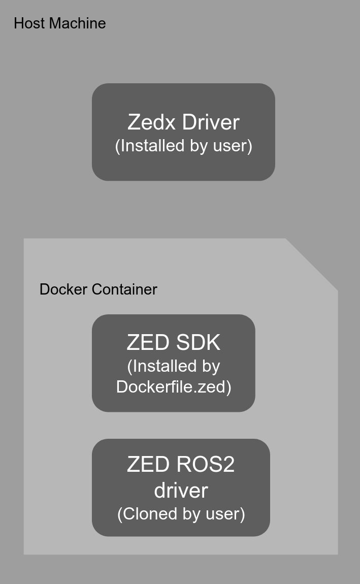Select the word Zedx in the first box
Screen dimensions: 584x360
coord(152,122)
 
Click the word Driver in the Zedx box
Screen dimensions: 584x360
coord(210,122)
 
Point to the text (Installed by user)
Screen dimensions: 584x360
coord(183,146)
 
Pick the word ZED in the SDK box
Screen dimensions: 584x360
coord(148,343)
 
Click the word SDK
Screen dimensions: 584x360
coord(198,343)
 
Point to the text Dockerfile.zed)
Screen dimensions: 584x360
coord(174,387)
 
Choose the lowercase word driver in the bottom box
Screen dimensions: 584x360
coord(181,491)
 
